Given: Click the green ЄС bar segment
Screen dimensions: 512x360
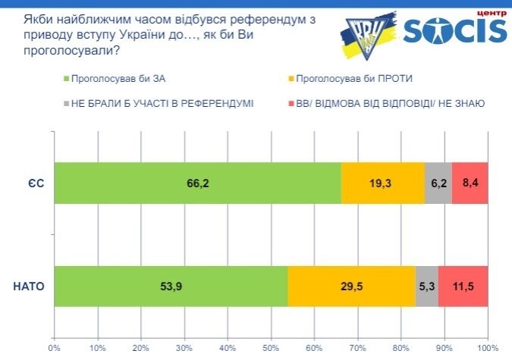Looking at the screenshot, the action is click(x=197, y=183).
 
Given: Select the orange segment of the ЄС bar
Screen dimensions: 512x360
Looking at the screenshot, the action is click(x=383, y=183).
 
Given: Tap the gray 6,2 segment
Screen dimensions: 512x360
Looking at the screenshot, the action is click(x=438, y=183).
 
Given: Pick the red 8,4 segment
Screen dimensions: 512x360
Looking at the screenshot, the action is click(x=470, y=183).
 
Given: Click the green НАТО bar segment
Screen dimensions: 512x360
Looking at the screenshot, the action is click(x=171, y=286).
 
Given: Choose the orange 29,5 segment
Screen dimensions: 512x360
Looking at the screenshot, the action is click(x=352, y=286).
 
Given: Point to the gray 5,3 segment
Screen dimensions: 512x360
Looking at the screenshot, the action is click(x=427, y=286).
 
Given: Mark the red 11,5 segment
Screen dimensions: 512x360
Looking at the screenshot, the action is click(x=463, y=286).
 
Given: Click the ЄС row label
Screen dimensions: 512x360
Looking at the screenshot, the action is click(x=36, y=183).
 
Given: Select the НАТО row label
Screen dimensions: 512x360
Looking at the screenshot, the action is click(x=29, y=286).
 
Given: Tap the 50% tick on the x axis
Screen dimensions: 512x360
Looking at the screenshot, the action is click(x=271, y=348).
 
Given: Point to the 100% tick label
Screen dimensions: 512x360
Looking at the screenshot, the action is click(x=488, y=348).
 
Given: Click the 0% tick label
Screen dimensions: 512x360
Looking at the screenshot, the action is click(x=54, y=348).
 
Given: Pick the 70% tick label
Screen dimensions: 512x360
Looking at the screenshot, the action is click(x=357, y=348).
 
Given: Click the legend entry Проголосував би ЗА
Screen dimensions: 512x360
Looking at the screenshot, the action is click(x=115, y=79).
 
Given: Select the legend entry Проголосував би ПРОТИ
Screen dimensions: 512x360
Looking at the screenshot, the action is click(x=350, y=79).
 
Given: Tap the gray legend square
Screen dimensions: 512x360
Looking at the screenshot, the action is click(x=67, y=104).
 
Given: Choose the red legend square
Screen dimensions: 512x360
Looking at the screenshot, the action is click(x=291, y=104).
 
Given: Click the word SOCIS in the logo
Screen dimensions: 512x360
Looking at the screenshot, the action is click(x=455, y=30).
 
